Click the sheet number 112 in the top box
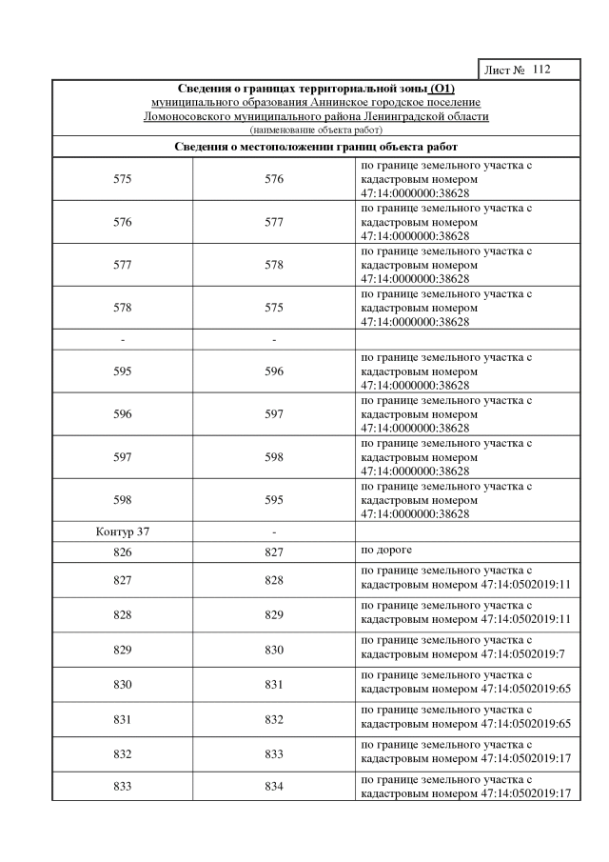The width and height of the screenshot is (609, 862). click(x=542, y=70)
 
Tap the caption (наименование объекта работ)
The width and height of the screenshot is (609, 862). click(x=316, y=129)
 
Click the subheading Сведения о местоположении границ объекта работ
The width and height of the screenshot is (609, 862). click(x=316, y=147)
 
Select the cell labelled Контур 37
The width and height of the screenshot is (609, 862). click(x=122, y=531)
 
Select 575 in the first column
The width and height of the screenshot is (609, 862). click(x=122, y=179)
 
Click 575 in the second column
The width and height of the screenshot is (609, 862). click(x=274, y=308)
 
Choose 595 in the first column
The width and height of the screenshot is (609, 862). click(x=122, y=371)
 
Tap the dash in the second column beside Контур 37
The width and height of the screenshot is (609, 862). click(x=274, y=531)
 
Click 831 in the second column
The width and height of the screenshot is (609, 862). click(x=274, y=685)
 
